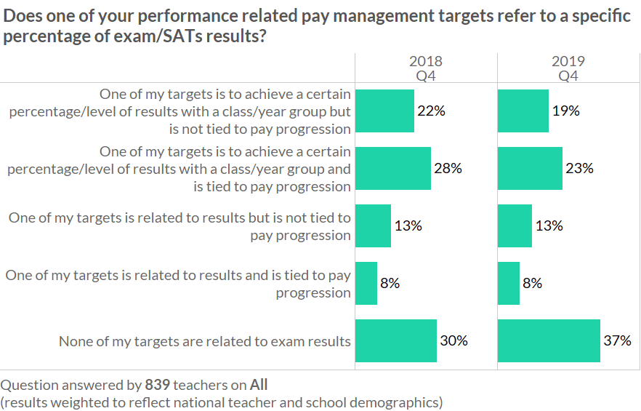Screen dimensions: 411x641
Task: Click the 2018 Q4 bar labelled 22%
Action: click(384, 111)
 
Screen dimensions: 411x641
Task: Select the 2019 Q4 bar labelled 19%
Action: click(523, 111)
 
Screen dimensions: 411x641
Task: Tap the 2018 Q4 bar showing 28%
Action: click(392, 169)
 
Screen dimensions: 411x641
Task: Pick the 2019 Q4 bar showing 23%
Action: click(529, 169)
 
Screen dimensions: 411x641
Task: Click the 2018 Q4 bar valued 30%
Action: click(395, 340)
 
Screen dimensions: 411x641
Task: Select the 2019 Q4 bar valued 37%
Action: click(549, 340)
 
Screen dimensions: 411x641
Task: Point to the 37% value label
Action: click(617, 340)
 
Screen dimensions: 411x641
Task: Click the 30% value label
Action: click(453, 340)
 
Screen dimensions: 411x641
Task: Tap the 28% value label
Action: click(448, 169)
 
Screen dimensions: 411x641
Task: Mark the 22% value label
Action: click(431, 111)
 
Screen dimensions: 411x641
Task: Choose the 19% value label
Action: click(565, 111)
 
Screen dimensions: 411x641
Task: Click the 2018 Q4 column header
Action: click(425, 68)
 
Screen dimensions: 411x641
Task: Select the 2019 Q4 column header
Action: click(568, 68)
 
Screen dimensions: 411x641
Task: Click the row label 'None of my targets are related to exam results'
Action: click(205, 341)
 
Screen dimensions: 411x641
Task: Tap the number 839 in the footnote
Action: click(158, 384)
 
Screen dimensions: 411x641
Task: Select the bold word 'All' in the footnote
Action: click(259, 384)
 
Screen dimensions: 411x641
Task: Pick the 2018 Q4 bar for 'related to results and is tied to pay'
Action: click(366, 284)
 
